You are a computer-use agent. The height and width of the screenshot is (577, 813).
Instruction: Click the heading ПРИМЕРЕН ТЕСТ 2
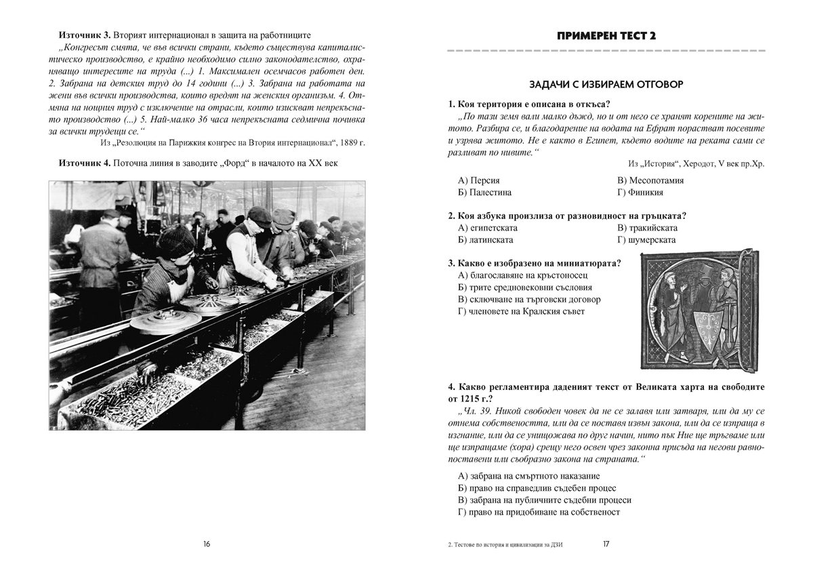[x=605, y=35]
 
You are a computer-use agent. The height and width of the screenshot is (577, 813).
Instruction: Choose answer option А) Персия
[x=479, y=180]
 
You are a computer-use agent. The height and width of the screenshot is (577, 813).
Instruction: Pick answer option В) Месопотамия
[x=650, y=180]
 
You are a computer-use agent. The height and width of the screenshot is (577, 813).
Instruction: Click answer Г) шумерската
[x=646, y=240]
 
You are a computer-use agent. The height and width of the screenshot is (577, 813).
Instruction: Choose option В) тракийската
[x=648, y=228]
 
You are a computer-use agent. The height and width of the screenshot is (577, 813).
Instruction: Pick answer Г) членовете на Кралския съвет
[x=520, y=311]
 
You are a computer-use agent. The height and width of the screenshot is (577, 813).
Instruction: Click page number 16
[x=207, y=543]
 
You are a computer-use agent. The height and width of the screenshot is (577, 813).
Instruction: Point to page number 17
[x=606, y=543]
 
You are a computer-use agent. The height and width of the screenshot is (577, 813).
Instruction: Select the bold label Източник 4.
[x=84, y=163]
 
